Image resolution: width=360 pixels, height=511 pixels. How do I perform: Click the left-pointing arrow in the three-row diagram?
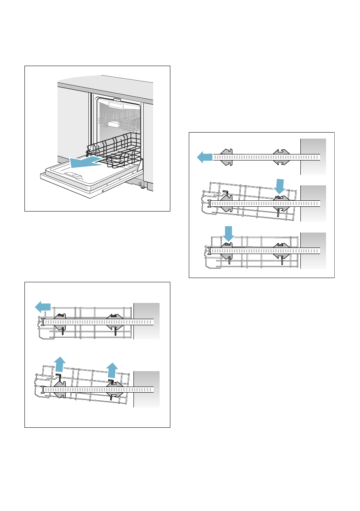pyautogui.click(x=205, y=157)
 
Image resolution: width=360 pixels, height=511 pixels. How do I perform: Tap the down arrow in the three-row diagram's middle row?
pyautogui.click(x=280, y=186)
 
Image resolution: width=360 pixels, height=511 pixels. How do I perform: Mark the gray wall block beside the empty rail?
pyautogui.click(x=313, y=157)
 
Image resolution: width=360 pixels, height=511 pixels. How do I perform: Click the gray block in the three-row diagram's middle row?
pyautogui.click(x=313, y=203)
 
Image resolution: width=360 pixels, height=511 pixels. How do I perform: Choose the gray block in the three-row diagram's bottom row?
pyautogui.click(x=313, y=250)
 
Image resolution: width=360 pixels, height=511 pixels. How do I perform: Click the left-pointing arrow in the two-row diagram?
pyautogui.click(x=42, y=307)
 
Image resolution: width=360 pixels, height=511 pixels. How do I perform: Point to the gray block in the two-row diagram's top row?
pyautogui.click(x=146, y=321)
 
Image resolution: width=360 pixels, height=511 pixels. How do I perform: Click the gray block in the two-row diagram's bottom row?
pyautogui.click(x=146, y=389)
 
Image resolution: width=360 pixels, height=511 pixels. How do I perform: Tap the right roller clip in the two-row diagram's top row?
pyautogui.click(x=114, y=321)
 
